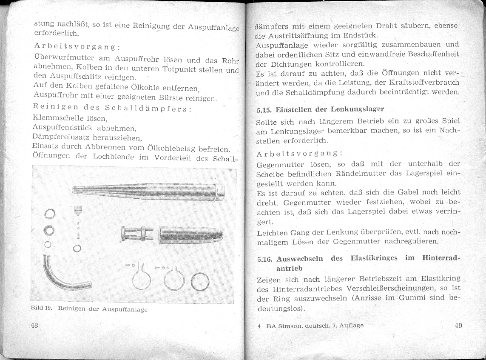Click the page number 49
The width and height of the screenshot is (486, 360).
click(x=458, y=326)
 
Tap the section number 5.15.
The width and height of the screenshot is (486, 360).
click(x=264, y=109)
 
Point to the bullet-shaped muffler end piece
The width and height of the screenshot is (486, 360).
click(x=191, y=234)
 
